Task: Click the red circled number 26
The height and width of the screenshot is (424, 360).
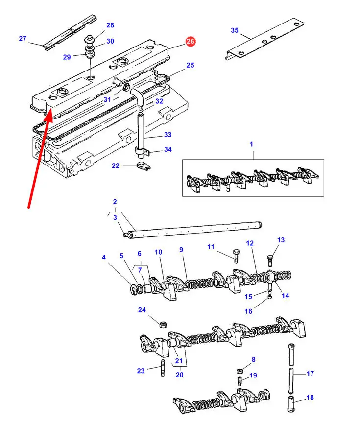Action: pos(190,42)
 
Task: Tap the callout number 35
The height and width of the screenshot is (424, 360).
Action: pos(235,30)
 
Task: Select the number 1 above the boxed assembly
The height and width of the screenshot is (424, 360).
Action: pos(252,144)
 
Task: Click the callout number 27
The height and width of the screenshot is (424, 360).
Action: pos(23,39)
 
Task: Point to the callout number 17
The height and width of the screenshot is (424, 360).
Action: pos(310,374)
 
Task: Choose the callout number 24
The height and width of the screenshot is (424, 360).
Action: pos(142,310)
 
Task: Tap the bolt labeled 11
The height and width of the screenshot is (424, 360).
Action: pos(235,256)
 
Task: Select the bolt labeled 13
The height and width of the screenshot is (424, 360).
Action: pos(270,260)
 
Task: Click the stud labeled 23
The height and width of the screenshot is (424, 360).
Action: pos(163,368)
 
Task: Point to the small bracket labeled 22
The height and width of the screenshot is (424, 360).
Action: pos(144,166)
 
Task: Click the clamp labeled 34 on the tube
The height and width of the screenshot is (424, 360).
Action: pos(142,152)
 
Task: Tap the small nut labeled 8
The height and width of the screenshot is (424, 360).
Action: pos(239,371)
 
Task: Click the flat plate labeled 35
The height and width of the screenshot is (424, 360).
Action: pos(264,39)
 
